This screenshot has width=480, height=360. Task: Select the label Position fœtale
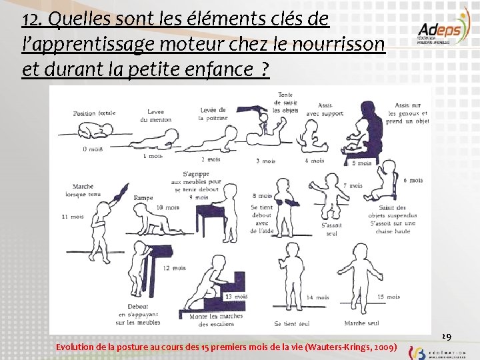click(94, 113)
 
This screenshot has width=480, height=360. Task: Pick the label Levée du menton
click(155, 116)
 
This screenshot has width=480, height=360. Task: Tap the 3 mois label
click(265, 161)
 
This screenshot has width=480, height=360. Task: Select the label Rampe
click(143, 198)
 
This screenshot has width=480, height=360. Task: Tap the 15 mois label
click(389, 297)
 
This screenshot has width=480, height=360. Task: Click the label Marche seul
click(362, 323)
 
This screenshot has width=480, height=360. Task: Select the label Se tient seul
click(292, 324)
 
